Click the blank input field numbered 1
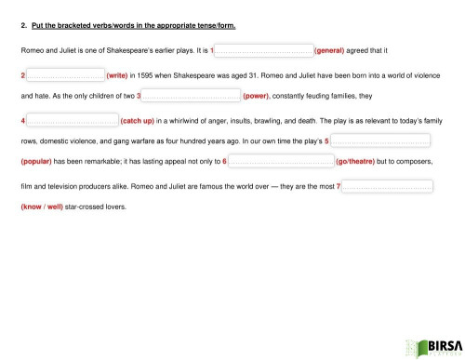coord(264,50)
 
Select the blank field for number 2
coord(64,73)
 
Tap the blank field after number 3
coord(190,96)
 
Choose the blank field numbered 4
coord(72,119)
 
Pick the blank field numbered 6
coord(280,163)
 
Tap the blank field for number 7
coord(387,186)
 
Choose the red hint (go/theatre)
coord(367,163)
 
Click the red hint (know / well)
coord(42,207)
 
